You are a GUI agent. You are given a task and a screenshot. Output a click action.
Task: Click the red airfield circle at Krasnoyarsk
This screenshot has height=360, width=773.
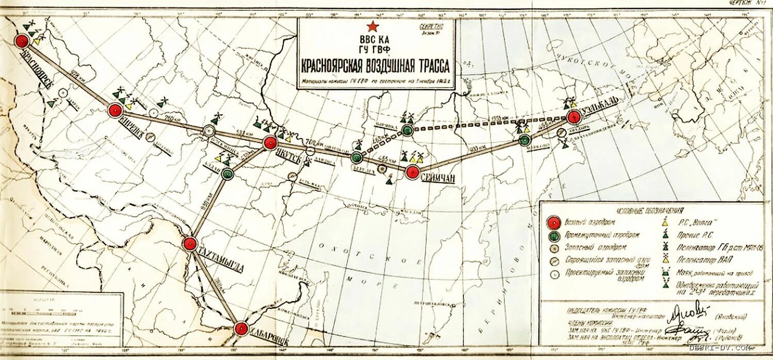tap(22, 41)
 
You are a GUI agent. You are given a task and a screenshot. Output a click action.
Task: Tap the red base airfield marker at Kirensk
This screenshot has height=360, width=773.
tap(115, 110)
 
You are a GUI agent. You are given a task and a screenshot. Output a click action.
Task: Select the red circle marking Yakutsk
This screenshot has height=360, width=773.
tap(270, 143)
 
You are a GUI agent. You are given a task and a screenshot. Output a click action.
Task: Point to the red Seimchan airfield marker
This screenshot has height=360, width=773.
tap(412, 172)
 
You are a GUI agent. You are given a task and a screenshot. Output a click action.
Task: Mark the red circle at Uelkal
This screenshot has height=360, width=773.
tap(574, 117)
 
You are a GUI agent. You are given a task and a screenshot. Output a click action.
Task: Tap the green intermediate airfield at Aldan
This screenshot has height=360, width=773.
tap(227, 174)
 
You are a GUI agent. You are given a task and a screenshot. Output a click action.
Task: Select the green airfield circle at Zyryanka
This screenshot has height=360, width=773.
tap(408, 130)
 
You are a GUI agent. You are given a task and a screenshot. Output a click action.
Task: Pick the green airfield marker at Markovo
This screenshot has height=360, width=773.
tap(525, 140)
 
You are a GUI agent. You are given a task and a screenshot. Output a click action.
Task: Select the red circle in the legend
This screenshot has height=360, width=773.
tap(552, 222)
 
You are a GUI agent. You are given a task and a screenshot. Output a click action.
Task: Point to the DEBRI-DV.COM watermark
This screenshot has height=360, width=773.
tap(720, 348)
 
